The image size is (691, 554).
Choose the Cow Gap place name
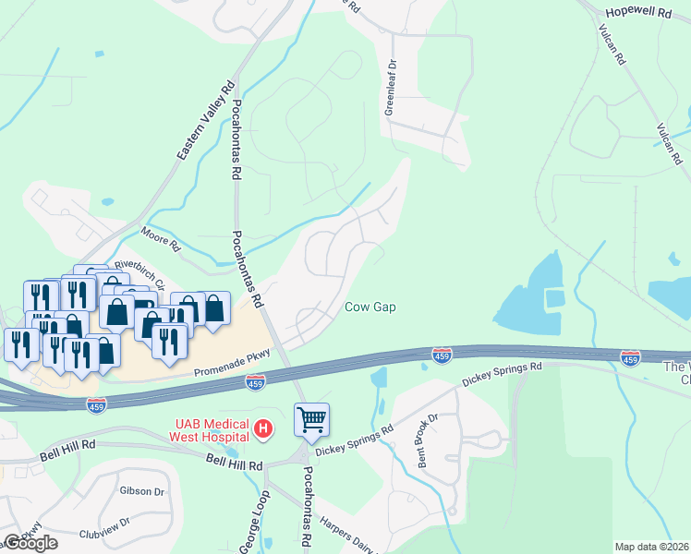[x=370, y=307]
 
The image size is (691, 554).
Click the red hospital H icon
[x=263, y=428]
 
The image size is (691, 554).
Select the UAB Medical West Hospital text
[x=210, y=429]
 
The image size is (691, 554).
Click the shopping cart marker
[x=312, y=421]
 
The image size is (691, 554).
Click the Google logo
[x=30, y=543]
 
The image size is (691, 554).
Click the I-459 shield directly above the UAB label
[x=256, y=381]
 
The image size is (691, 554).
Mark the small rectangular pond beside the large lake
[x=554, y=298]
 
